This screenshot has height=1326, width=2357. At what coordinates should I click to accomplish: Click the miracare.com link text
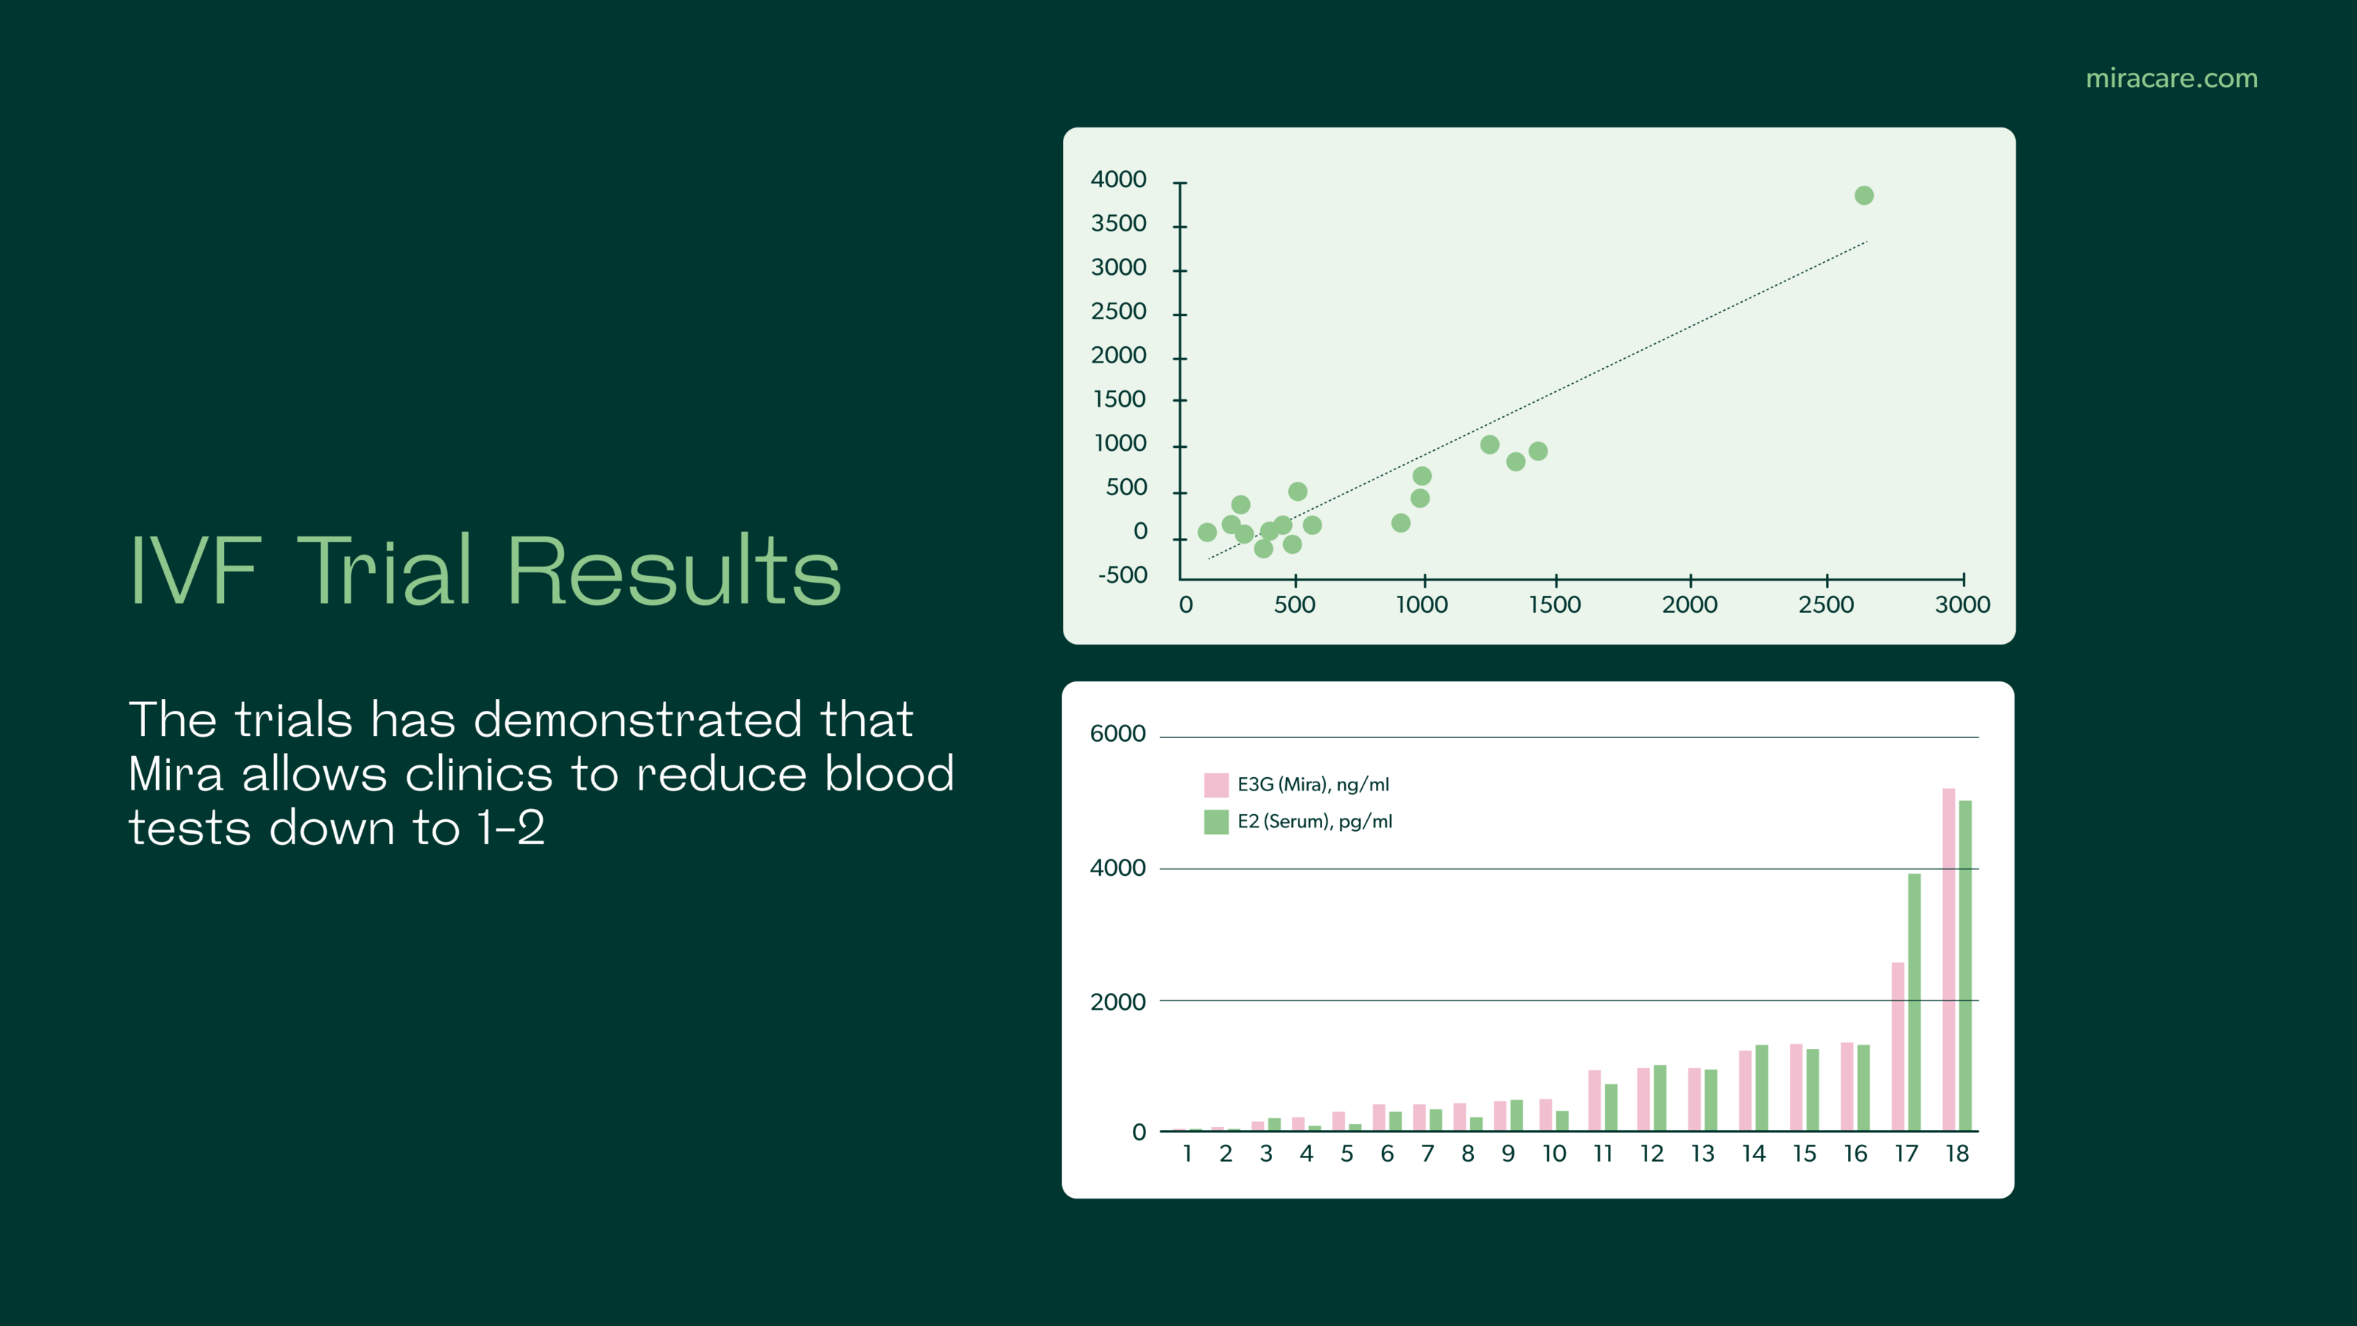point(2171,79)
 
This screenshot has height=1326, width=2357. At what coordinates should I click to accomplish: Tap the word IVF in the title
point(196,570)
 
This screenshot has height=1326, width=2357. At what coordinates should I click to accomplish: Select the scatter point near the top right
point(1864,195)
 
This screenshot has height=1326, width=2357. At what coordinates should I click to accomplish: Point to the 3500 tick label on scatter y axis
point(1118,224)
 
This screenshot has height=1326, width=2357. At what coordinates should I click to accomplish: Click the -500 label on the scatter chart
point(1122,575)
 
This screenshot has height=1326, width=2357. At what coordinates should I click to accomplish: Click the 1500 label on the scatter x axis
point(1555,605)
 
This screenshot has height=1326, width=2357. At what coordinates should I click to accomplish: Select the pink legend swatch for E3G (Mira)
point(1216,785)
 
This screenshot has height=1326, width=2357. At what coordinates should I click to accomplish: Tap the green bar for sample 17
point(1914,1001)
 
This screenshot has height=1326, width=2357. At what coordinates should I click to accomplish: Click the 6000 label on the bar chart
point(1117,734)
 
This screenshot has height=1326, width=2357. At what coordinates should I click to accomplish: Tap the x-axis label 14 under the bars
point(1753,1154)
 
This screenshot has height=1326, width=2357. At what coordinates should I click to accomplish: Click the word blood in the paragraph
point(889,774)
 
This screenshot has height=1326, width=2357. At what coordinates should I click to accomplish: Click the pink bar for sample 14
point(1745,1090)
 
